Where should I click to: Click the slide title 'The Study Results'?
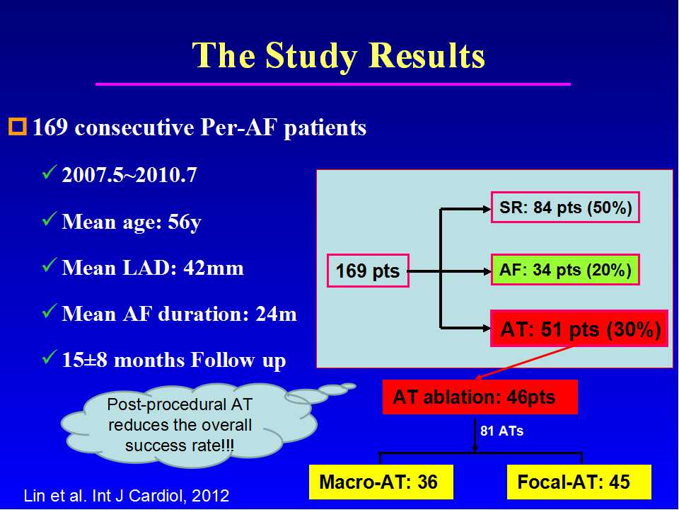tap(338, 56)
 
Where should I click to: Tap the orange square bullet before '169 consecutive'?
tap(18, 127)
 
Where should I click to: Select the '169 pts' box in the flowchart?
tap(368, 271)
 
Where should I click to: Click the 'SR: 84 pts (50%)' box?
tap(565, 208)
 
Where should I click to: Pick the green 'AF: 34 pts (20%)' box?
tap(565, 270)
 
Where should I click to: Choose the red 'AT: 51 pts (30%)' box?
tap(579, 329)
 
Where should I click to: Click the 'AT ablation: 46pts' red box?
tap(480, 397)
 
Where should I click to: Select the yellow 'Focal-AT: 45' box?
tap(579, 482)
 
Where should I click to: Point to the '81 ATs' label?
tap(502, 431)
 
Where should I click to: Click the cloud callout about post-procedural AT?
tap(190, 425)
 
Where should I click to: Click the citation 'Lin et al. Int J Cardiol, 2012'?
tap(127, 495)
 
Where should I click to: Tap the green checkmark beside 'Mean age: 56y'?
tap(50, 219)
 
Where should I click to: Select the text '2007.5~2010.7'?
tap(129, 175)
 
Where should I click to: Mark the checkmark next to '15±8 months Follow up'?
tap(50, 357)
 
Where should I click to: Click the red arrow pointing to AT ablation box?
tap(524, 363)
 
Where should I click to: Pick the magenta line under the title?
tap(333, 84)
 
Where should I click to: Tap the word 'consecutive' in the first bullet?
tap(134, 127)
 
